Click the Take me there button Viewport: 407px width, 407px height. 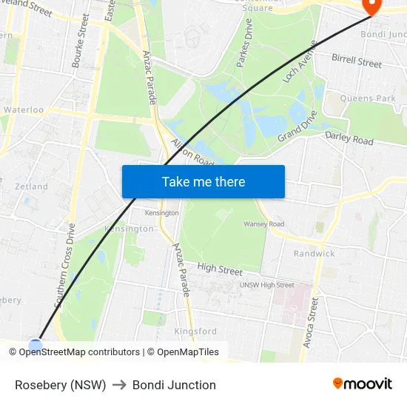(x=203, y=181)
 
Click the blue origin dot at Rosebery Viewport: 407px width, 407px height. (x=36, y=345)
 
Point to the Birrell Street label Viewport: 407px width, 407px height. (x=357, y=61)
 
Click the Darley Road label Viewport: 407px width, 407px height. (x=349, y=138)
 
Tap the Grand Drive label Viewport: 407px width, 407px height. (x=297, y=127)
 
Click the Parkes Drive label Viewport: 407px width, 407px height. (x=244, y=49)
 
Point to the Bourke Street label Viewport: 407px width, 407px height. (x=81, y=41)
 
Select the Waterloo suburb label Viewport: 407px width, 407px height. (x=24, y=110)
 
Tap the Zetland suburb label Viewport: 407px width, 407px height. (x=31, y=186)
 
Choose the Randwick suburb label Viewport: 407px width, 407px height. (x=314, y=253)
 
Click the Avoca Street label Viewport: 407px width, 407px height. (x=310, y=322)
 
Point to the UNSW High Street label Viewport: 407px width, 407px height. (x=266, y=285)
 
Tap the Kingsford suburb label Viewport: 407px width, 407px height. (x=195, y=332)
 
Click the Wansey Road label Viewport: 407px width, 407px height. (x=263, y=223)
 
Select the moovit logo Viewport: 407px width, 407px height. (x=362, y=383)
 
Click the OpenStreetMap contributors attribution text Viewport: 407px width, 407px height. (x=79, y=352)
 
